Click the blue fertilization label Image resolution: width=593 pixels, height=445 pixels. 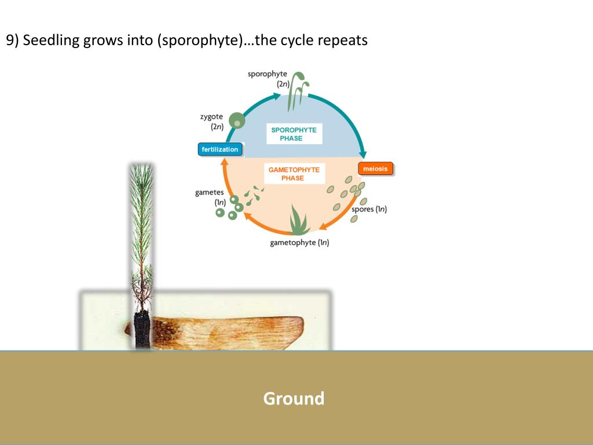tap(220, 149)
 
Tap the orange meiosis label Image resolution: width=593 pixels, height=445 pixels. tap(376, 169)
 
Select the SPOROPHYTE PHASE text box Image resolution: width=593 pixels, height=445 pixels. tap(294, 134)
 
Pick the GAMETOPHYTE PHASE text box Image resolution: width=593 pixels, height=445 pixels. tap(294, 174)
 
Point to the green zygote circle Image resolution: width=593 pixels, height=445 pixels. tap(236, 121)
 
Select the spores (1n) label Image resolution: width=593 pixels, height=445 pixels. tap(369, 209)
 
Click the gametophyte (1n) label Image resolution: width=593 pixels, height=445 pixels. tap(299, 243)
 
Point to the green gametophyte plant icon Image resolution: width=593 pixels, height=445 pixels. tap(299, 220)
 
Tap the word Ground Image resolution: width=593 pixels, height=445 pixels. tap(294, 399)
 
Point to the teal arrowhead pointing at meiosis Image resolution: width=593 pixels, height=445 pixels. tap(364, 154)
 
